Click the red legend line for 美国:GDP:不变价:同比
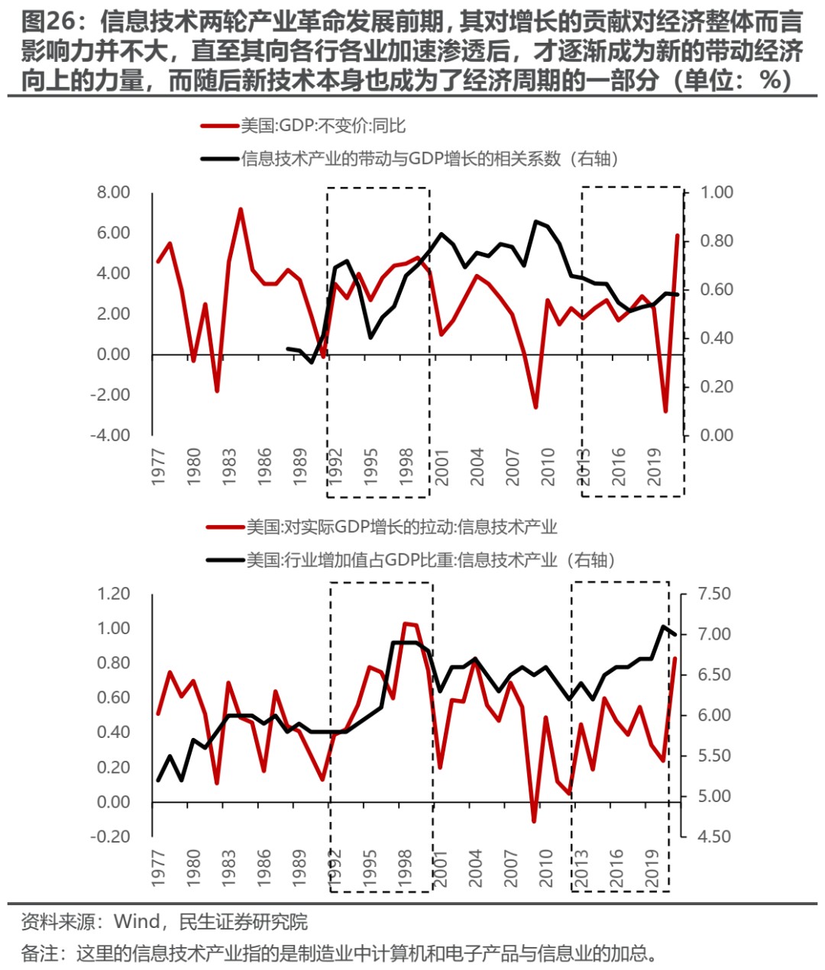click(x=219, y=126)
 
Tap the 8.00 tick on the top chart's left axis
click(x=113, y=192)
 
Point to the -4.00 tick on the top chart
click(x=111, y=435)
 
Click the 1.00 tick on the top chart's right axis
click(x=717, y=192)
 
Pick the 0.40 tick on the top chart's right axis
click(x=717, y=338)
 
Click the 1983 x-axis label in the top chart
click(x=228, y=466)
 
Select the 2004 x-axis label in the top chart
click(x=477, y=466)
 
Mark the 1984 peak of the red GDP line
click(x=241, y=209)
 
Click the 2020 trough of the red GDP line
click(x=665, y=411)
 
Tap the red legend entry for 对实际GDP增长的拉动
click(x=401, y=527)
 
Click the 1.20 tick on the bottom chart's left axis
click(x=113, y=594)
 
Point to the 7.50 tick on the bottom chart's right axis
click(x=714, y=594)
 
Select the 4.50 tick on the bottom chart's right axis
click(x=714, y=836)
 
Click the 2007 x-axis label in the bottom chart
click(x=511, y=868)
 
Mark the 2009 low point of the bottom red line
click(x=534, y=821)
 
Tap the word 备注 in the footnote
click(x=40, y=953)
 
